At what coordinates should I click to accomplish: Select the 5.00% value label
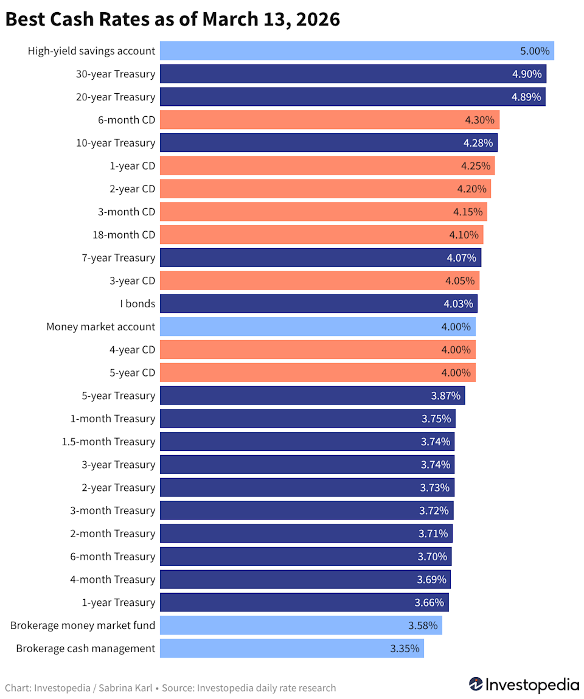[535, 51]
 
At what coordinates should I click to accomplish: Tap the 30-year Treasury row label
[116, 74]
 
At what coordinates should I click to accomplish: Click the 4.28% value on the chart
[478, 143]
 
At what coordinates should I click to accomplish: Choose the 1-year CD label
[132, 166]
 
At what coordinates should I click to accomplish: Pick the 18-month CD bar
[304, 235]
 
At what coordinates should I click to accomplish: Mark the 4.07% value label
[461, 258]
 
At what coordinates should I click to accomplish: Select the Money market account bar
[304, 327]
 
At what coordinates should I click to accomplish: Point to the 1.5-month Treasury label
[108, 442]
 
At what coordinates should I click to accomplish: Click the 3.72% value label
[434, 510]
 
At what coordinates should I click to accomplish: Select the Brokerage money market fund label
[83, 625]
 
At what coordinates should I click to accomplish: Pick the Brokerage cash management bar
[274, 649]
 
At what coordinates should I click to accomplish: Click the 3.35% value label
[405, 649]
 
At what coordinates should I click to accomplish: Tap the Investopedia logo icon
[476, 684]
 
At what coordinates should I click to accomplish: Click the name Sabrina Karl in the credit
[125, 688]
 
